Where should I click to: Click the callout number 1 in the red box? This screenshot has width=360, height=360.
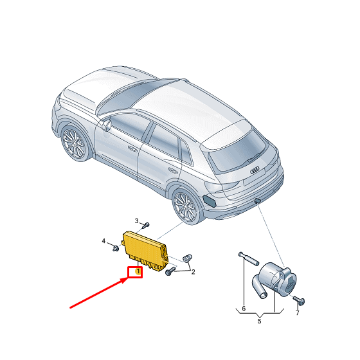click(x=138, y=271)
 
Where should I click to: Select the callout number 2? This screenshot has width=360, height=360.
click(x=193, y=272)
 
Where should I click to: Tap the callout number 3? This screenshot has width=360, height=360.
click(x=136, y=221)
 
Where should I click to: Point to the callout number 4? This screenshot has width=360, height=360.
click(x=104, y=241)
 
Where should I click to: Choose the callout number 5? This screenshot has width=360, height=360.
click(x=259, y=321)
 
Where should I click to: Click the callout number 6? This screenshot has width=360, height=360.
click(x=244, y=309)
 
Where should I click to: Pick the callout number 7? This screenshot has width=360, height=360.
click(x=297, y=312)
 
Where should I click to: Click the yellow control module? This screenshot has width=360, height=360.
click(x=146, y=251)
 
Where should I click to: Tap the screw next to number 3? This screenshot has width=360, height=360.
click(x=146, y=225)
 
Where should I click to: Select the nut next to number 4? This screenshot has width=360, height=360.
click(x=116, y=248)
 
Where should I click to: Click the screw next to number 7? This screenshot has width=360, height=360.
click(x=299, y=301)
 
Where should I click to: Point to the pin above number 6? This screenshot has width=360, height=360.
click(x=249, y=258)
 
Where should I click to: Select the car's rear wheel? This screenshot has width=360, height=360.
click(x=186, y=206)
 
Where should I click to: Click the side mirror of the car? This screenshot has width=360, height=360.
click(x=107, y=125)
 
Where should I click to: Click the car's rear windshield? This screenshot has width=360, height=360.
click(x=239, y=150)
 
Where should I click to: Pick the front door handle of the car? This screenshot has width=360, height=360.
click(x=132, y=148)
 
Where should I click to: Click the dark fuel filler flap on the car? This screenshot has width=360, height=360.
click(x=210, y=201)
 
